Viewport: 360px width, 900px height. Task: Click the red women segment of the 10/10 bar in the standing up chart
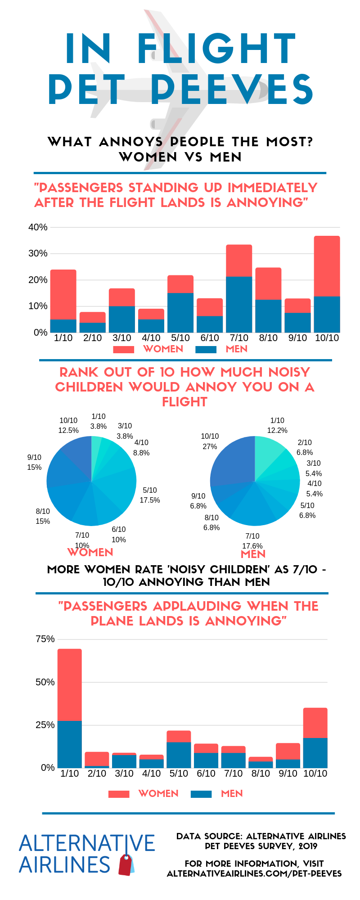point(327,266)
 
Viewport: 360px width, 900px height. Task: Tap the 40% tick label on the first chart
point(38,227)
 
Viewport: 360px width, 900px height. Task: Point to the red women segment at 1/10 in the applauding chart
point(70,684)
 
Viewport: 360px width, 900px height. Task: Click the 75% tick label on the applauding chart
point(45,639)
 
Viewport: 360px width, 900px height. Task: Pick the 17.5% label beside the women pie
point(150,500)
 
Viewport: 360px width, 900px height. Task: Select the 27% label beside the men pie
point(210,446)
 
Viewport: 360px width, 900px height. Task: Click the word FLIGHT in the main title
point(216,49)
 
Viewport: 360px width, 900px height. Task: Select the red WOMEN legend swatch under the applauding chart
point(119,794)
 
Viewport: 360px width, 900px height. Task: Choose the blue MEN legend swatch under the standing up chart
point(206,350)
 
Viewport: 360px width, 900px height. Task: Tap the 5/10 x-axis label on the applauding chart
point(179,773)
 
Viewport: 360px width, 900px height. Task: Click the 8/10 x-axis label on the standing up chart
point(268,338)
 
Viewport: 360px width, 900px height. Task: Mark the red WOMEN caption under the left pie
point(90,552)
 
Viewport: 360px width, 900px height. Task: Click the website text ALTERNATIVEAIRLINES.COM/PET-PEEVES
point(254,873)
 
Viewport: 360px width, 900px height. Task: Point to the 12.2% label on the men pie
point(277,430)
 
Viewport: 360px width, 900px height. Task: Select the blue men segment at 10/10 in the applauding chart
point(315,752)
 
